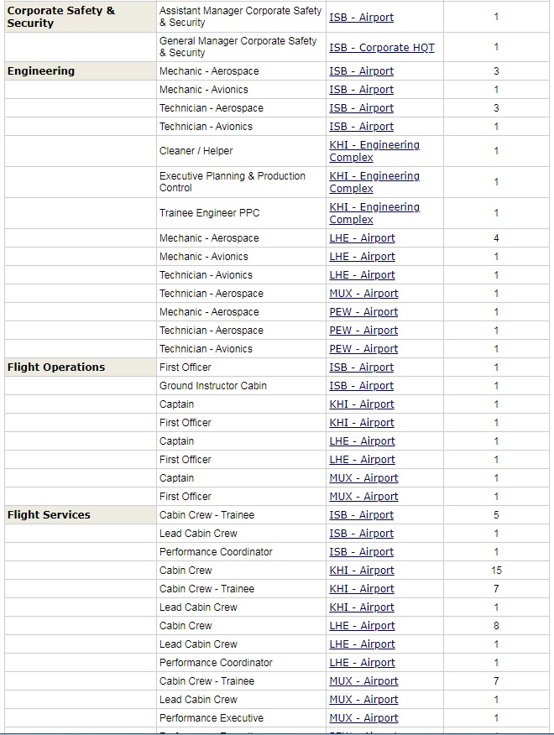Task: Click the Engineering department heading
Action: click(41, 71)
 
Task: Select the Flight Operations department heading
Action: click(56, 367)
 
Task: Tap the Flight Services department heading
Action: click(49, 515)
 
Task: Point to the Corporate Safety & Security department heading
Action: click(60, 17)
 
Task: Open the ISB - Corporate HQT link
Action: click(382, 48)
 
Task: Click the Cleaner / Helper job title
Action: click(196, 151)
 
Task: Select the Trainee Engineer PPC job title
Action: click(210, 213)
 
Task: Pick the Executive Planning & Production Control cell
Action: click(233, 182)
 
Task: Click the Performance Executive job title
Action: click(212, 718)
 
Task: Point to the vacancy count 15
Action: click(496, 571)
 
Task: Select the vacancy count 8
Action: click(496, 626)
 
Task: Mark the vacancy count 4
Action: click(496, 238)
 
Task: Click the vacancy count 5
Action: click(496, 515)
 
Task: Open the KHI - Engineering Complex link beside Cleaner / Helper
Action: click(374, 151)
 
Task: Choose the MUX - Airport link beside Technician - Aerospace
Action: click(363, 294)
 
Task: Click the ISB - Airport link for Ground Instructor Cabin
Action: click(361, 386)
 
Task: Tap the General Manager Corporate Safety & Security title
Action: click(238, 47)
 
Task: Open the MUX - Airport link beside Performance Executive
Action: click(363, 718)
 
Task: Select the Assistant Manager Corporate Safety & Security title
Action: click(241, 17)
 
